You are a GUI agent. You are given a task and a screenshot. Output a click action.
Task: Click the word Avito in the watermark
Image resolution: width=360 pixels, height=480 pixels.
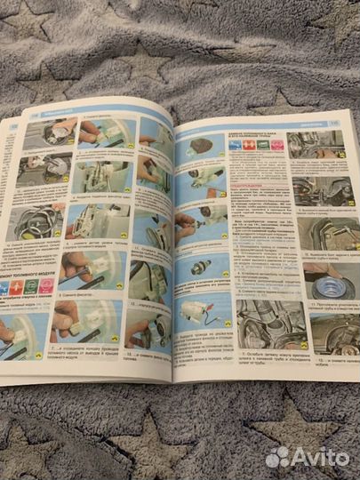pyautogui.click(x=319, y=457)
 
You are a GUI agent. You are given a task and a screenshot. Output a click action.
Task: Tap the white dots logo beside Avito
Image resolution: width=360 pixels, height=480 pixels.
pyautogui.click(x=277, y=457)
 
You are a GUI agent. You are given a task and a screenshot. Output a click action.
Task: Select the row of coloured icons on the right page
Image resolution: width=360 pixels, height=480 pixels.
pyautogui.click(x=252, y=144)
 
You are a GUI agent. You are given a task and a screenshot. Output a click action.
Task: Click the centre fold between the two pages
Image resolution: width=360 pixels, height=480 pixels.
pyautogui.click(x=174, y=249)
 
